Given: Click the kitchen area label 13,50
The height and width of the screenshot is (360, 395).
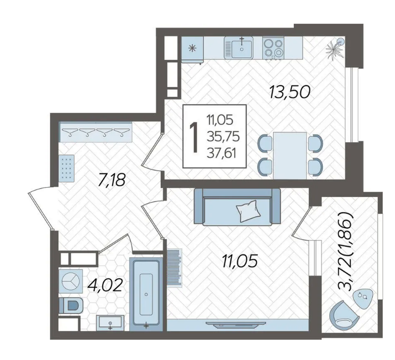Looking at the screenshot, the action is coord(289,92).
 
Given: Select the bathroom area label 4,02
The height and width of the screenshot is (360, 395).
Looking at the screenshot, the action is coord(105,286).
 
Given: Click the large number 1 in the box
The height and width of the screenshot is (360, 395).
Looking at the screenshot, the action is coord(194,137).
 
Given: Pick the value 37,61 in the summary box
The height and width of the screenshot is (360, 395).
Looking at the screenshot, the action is coord(221,153).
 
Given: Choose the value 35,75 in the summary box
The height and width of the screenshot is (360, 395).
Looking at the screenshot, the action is coord(223,137).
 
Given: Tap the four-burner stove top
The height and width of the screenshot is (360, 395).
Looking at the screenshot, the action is coord(273,48).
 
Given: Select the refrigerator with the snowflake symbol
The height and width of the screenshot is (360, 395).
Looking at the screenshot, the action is coord(192,49).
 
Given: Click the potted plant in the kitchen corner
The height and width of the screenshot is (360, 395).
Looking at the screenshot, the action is coord(334,48).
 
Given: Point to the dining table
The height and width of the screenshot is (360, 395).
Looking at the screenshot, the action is coord(290,156).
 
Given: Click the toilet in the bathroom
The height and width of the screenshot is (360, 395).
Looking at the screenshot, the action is coord(71,306).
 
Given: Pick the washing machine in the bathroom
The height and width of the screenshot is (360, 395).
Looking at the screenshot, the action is coord(71,281).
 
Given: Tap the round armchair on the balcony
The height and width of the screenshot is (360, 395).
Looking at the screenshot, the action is coord(344,314).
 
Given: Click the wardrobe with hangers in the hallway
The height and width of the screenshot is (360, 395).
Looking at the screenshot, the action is coord(95,132).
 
